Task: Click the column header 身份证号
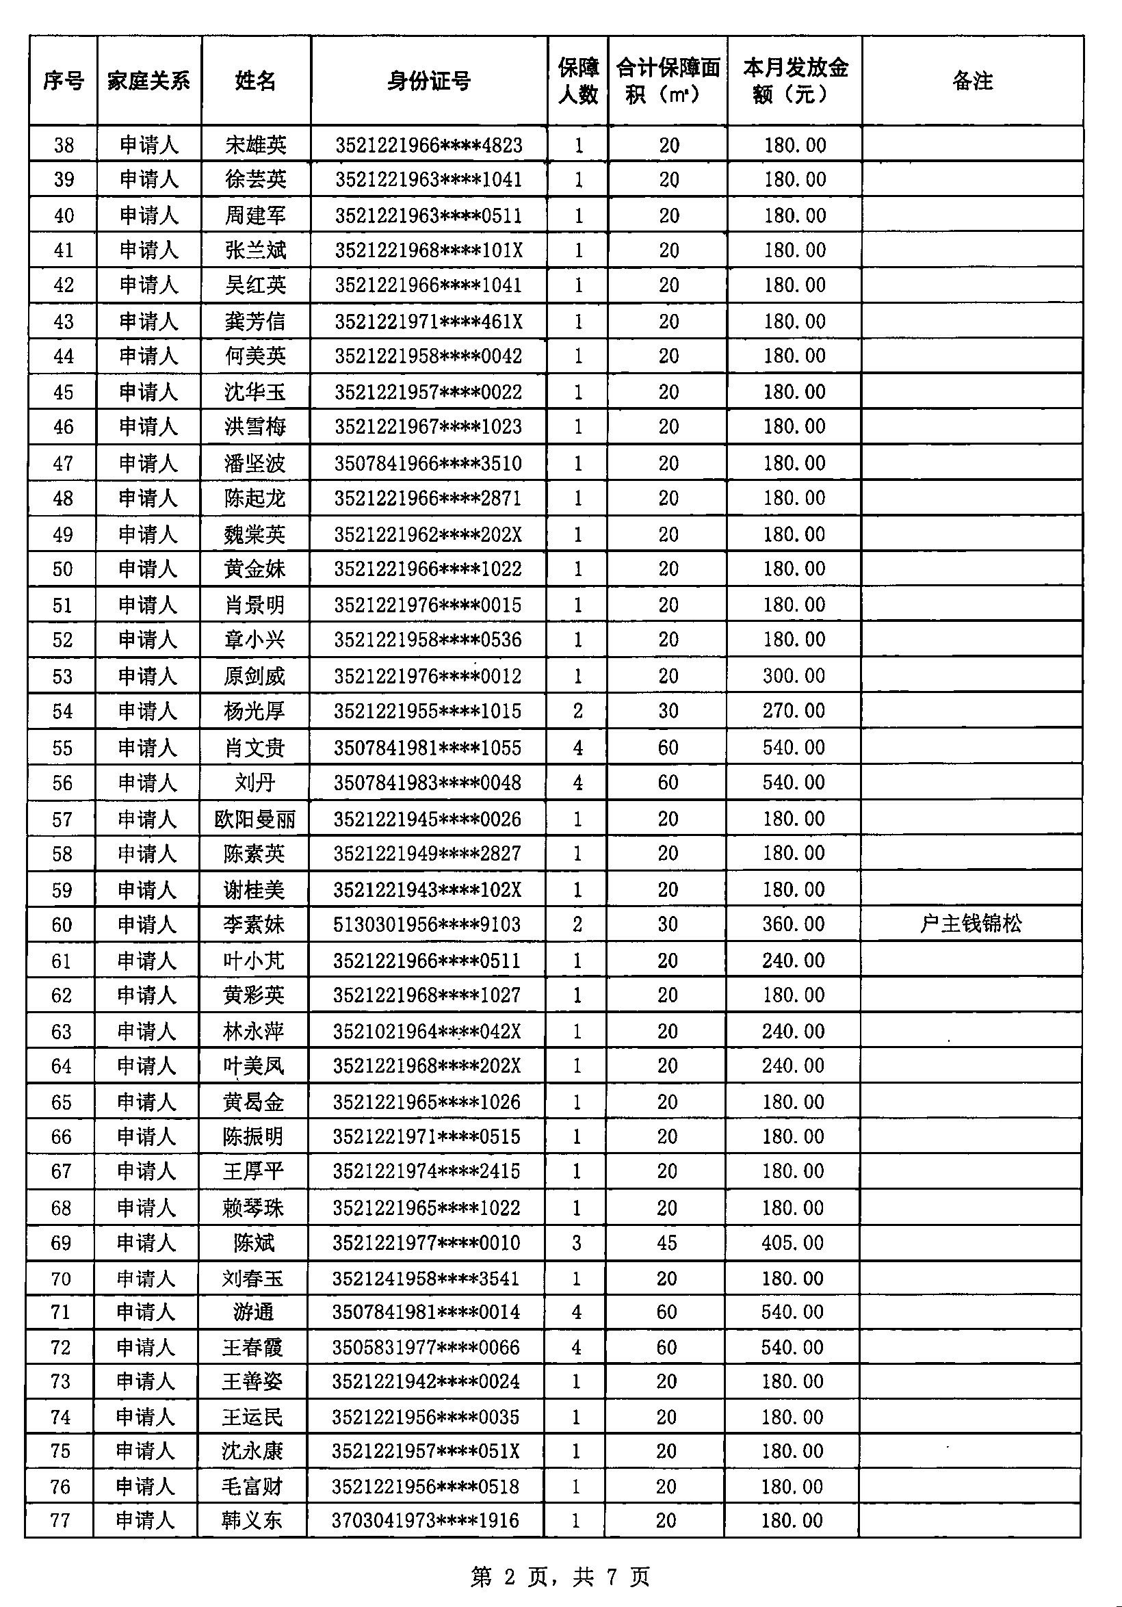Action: (428, 81)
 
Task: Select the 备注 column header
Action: (972, 81)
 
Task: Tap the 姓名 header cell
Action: (255, 81)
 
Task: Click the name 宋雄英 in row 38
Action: (255, 145)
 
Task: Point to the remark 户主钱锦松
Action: (971, 924)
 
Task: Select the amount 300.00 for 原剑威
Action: (794, 675)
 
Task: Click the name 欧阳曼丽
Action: (255, 819)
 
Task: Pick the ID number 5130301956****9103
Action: (427, 924)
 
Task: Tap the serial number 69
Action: (61, 1242)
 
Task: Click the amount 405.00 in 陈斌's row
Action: (793, 1242)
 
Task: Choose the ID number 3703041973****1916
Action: (426, 1520)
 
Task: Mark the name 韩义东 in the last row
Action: (252, 1520)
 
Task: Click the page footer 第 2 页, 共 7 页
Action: (560, 1576)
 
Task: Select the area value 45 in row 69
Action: (667, 1242)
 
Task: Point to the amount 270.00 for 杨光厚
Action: (794, 710)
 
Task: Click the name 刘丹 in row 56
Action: (255, 783)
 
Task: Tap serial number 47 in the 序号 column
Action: (63, 463)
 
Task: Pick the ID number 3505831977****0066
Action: (426, 1347)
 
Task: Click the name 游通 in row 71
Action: (253, 1311)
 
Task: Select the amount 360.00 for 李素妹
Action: (794, 924)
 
